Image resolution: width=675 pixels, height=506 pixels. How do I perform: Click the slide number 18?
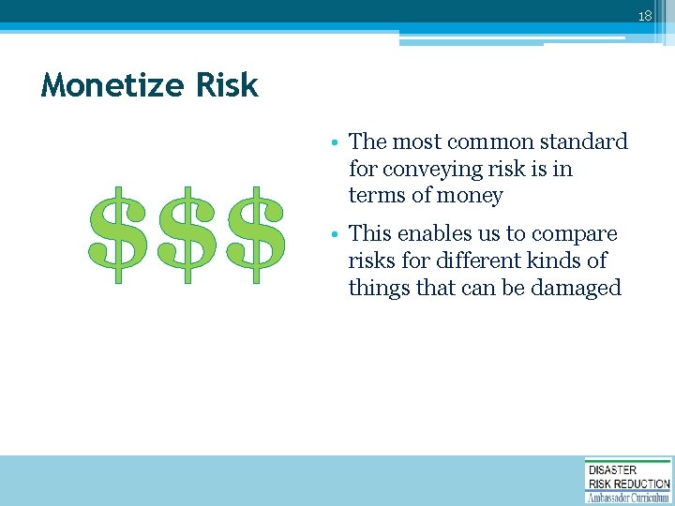644,16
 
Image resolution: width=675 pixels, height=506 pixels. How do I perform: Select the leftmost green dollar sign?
118,235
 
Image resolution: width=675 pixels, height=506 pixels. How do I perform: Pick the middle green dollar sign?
187,235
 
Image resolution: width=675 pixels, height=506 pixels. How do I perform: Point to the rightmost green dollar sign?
255,235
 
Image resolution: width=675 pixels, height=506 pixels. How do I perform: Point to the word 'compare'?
577,233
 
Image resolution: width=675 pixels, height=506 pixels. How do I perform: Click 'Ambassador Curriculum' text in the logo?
628,497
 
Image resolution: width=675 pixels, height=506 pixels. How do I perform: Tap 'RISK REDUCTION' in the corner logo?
628,484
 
